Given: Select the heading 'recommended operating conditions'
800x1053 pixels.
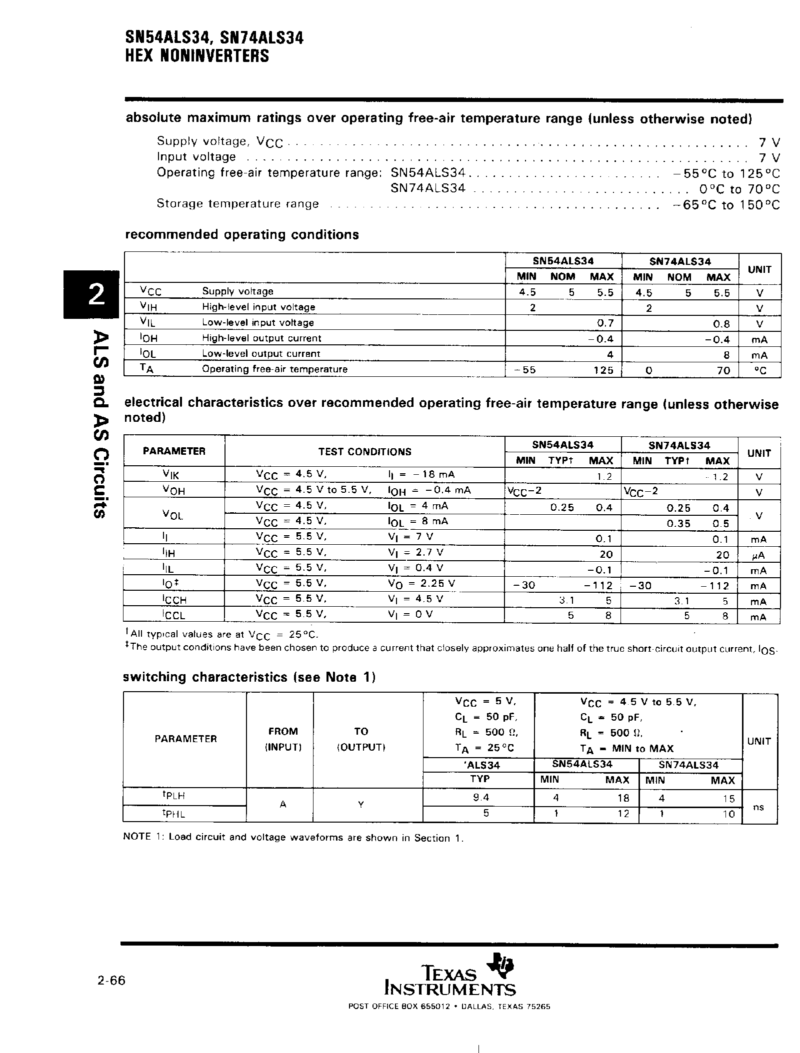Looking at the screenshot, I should pyautogui.click(x=241, y=234).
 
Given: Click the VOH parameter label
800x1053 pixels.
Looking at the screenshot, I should pyautogui.click(x=173, y=491).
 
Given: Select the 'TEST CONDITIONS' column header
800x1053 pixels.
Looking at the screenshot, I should pyautogui.click(x=364, y=452).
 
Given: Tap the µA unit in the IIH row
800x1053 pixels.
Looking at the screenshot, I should pyautogui.click(x=758, y=555).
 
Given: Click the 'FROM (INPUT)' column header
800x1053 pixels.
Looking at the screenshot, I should pyautogui.click(x=282, y=739).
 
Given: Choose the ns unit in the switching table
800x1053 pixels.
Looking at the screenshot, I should pyautogui.click(x=758, y=807).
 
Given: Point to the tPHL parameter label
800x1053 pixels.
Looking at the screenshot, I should pyautogui.click(x=173, y=814).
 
